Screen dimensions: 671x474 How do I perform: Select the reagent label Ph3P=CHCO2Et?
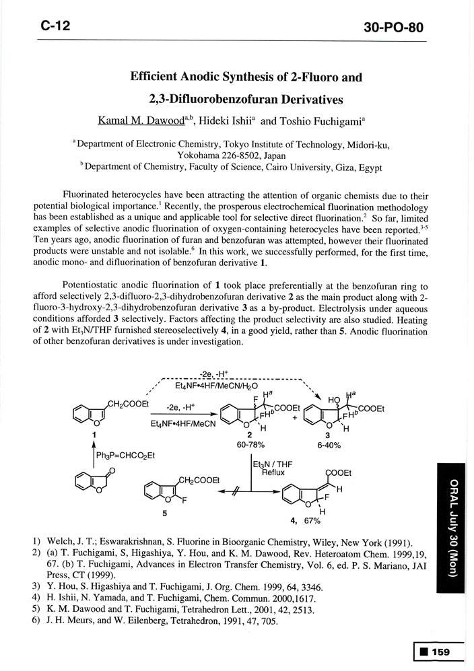126,456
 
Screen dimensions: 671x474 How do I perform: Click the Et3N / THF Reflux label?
268,468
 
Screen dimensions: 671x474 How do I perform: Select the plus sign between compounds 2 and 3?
294,417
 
